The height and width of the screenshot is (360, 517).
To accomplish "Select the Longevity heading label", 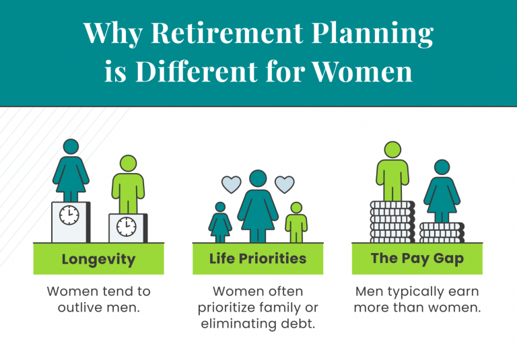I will click(x=98, y=259).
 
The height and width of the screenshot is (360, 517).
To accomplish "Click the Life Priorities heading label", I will click(x=258, y=258).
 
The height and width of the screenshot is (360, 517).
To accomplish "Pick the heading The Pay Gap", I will click(x=417, y=258).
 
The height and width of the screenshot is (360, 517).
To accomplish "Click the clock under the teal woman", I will click(x=69, y=215).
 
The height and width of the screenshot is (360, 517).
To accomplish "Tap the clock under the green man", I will click(x=126, y=225).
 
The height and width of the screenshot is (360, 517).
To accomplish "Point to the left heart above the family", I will click(x=232, y=184).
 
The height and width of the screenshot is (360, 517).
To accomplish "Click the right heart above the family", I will click(x=284, y=183).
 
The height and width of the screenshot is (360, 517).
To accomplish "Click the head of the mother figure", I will click(x=258, y=179).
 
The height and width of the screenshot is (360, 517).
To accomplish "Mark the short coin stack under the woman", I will click(x=442, y=232).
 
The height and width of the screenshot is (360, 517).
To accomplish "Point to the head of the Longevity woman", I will click(x=71, y=147).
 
